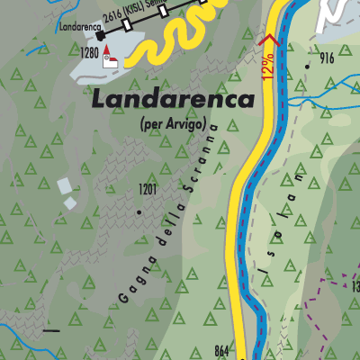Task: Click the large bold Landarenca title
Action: (173, 100)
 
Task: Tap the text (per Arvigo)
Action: (173, 123)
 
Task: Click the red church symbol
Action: (109, 56)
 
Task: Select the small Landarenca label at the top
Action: (81, 26)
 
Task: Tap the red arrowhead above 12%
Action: (266, 39)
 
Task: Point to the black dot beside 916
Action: (309, 66)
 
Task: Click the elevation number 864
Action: (224, 350)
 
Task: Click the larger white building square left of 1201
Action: (63, 186)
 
